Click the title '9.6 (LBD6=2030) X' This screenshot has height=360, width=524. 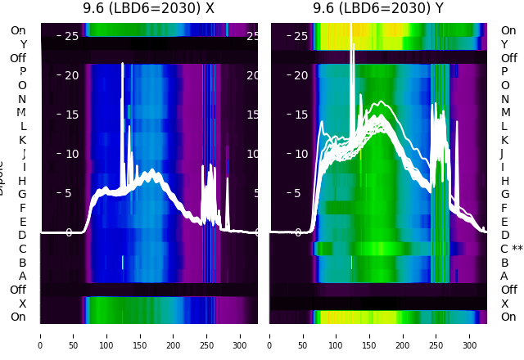click(x=148, y=9)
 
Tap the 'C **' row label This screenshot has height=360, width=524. click(x=511, y=249)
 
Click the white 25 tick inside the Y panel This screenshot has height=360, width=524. click(x=300, y=36)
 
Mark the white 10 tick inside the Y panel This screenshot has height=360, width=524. click(x=300, y=154)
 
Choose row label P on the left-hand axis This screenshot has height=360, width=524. click(x=23, y=71)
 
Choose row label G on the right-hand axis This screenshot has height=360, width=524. click(x=505, y=194)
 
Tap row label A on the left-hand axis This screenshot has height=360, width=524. click(x=23, y=276)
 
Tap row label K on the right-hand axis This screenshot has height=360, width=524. click(x=505, y=140)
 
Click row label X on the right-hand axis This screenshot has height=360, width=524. click(x=505, y=304)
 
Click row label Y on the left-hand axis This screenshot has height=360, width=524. click(x=23, y=44)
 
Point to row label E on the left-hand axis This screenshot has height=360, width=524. click(x=23, y=222)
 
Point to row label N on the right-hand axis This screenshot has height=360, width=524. click(x=505, y=99)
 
